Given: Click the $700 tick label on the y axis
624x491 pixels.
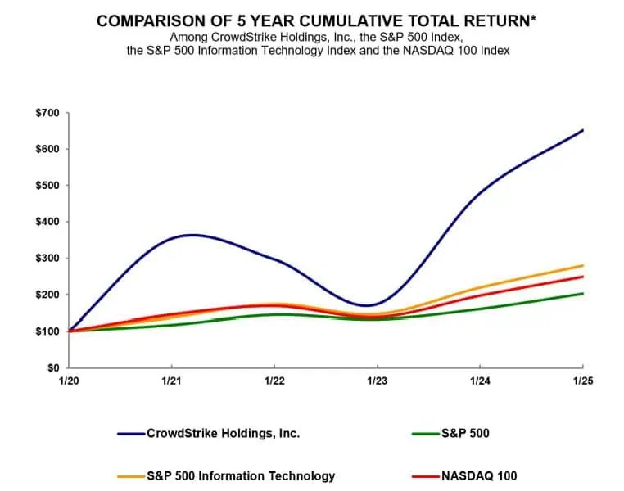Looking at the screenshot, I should click(47, 112).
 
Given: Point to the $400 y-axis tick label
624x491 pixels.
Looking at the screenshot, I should click(47, 222).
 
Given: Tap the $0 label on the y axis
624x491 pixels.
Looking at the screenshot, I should click(52, 367).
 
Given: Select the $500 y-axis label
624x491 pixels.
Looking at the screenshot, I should click(47, 185).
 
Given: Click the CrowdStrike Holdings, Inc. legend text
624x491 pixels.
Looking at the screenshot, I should click(223, 433).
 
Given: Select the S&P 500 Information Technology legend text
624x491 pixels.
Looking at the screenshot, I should click(241, 475).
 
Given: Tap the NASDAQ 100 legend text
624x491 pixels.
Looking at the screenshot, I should click(481, 475).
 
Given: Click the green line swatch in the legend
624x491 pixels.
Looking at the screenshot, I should click(425, 434).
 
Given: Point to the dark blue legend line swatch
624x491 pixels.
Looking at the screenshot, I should click(130, 434).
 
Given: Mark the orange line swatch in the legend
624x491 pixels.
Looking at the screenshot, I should click(130, 476).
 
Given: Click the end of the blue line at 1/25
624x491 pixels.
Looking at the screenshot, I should click(582, 130).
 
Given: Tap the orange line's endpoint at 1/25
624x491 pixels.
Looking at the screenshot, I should click(582, 265).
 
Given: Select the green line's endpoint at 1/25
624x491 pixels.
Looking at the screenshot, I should click(582, 293).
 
